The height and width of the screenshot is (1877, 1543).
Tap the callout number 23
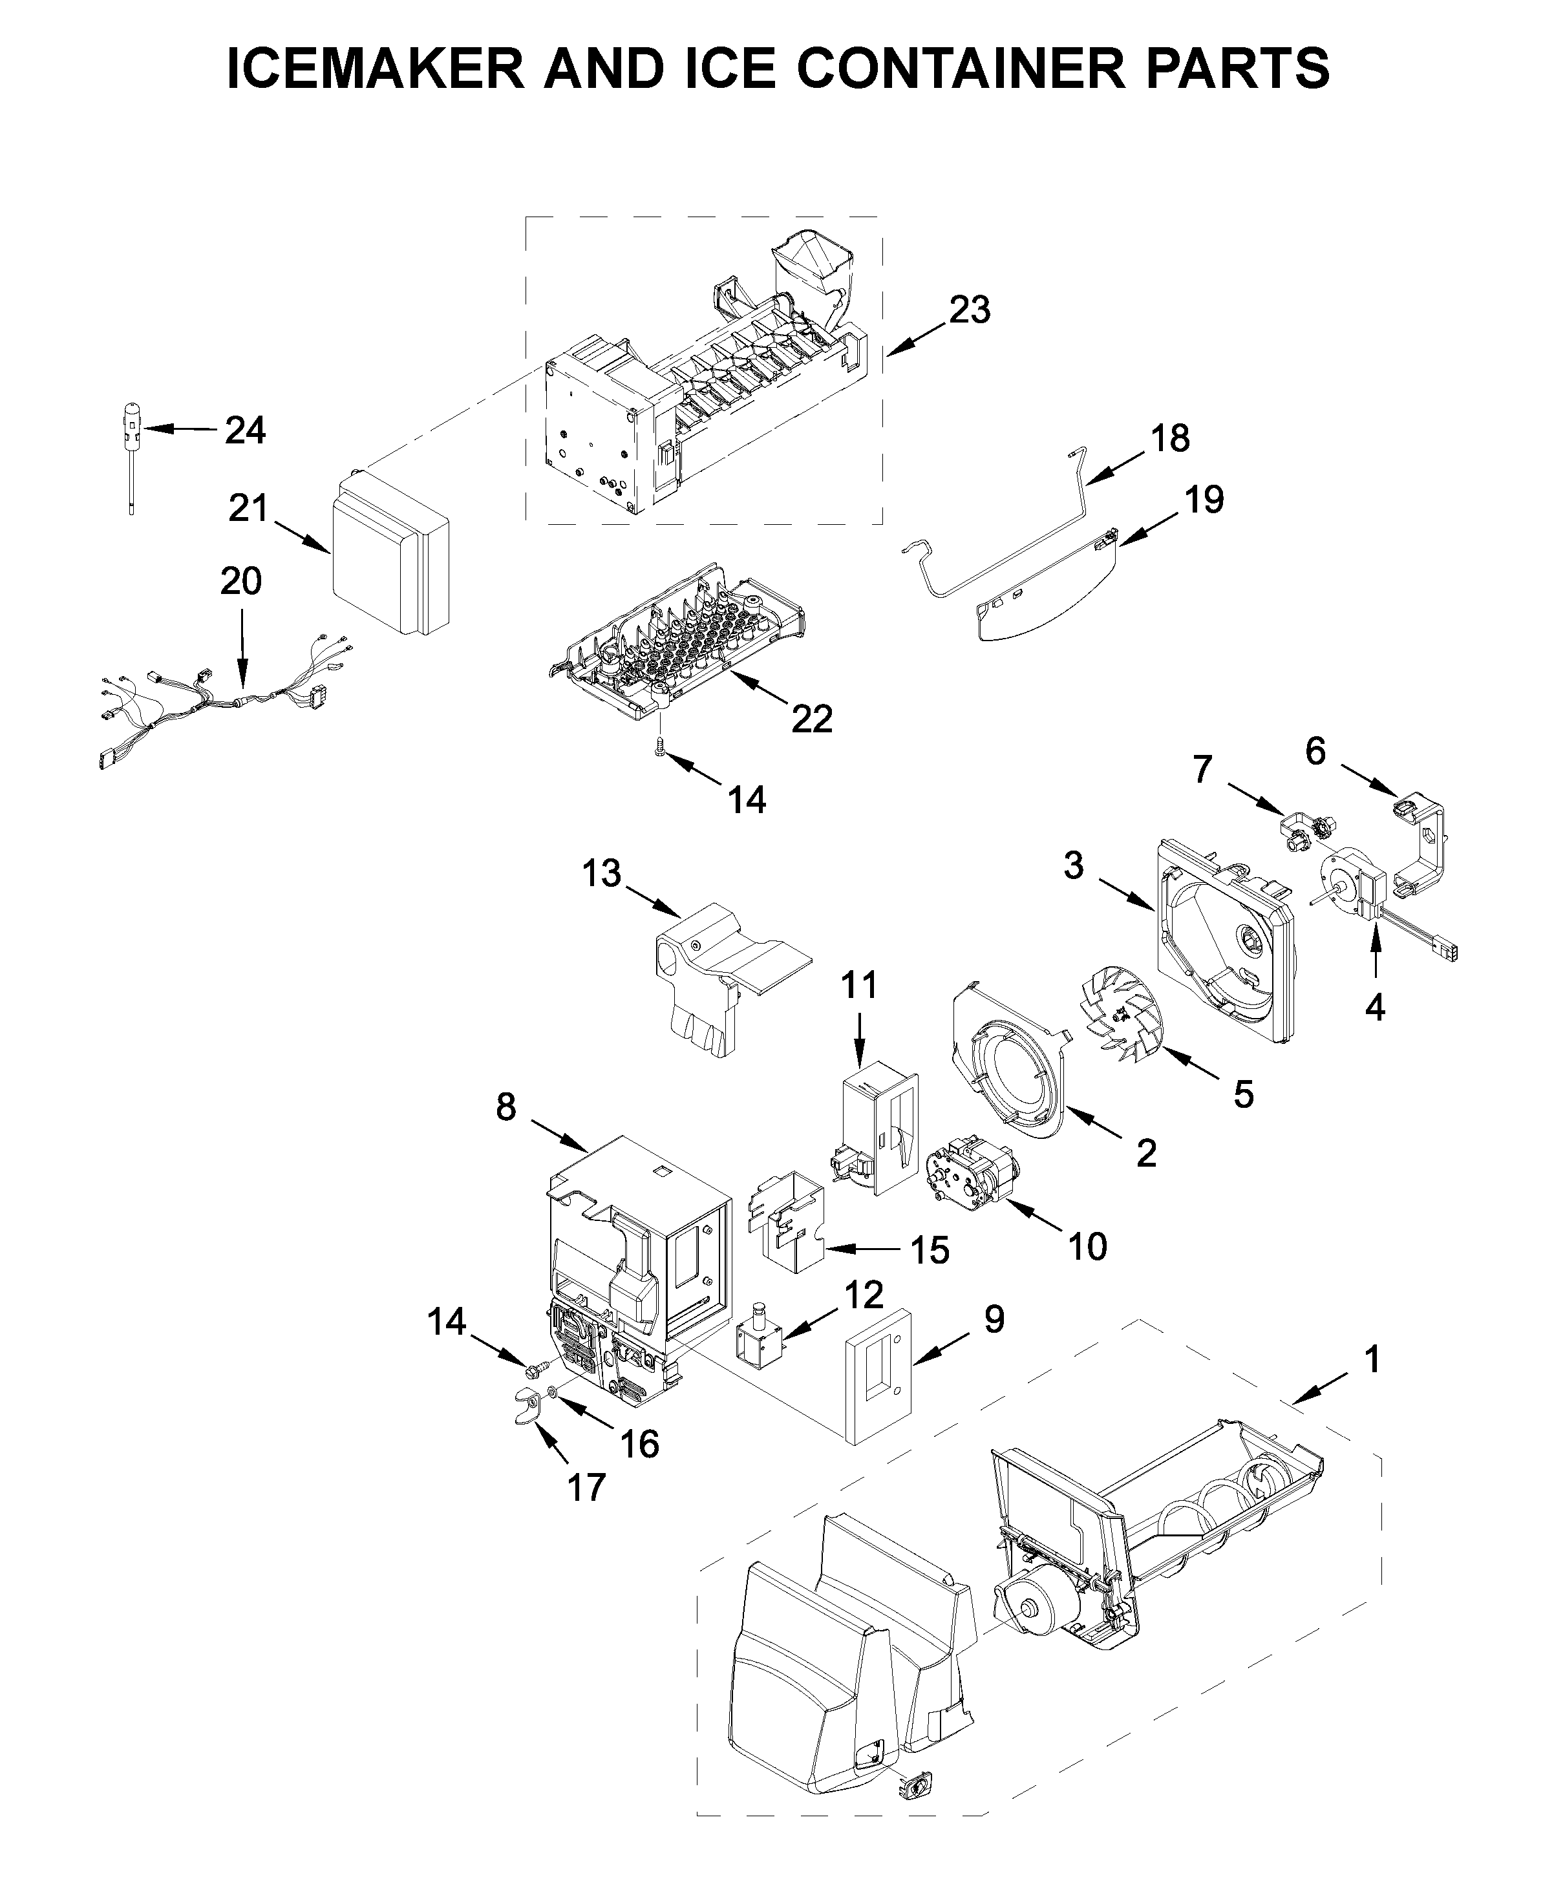pos(969,310)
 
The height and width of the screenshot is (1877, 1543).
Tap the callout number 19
pos(1204,500)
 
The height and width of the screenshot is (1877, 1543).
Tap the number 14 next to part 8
pos(446,1322)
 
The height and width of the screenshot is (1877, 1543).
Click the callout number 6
pos(1315,751)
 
